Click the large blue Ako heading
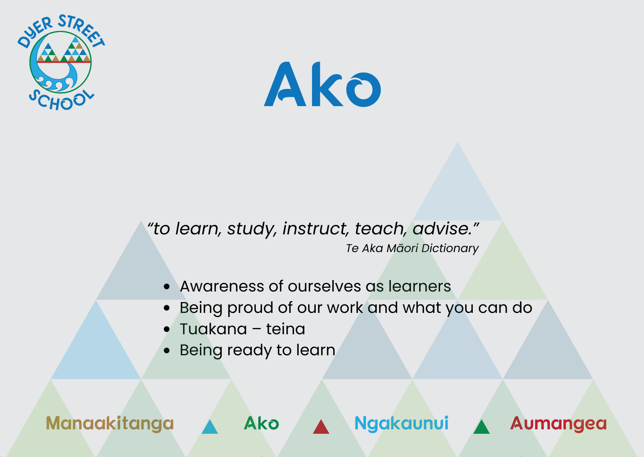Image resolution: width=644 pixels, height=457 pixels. [x=322, y=85]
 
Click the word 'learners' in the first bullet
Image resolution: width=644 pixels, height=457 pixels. [x=420, y=286]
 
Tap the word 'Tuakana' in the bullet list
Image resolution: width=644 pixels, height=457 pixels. [x=213, y=329]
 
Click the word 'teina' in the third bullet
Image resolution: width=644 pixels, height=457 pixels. [x=286, y=329]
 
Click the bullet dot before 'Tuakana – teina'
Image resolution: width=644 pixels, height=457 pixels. [x=167, y=329]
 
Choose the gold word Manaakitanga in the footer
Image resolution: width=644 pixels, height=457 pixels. [x=110, y=424]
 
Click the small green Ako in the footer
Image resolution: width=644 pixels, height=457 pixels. [x=261, y=423]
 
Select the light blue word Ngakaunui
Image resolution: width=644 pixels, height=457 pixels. [x=401, y=424]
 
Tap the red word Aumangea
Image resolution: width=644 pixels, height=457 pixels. [x=558, y=424]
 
